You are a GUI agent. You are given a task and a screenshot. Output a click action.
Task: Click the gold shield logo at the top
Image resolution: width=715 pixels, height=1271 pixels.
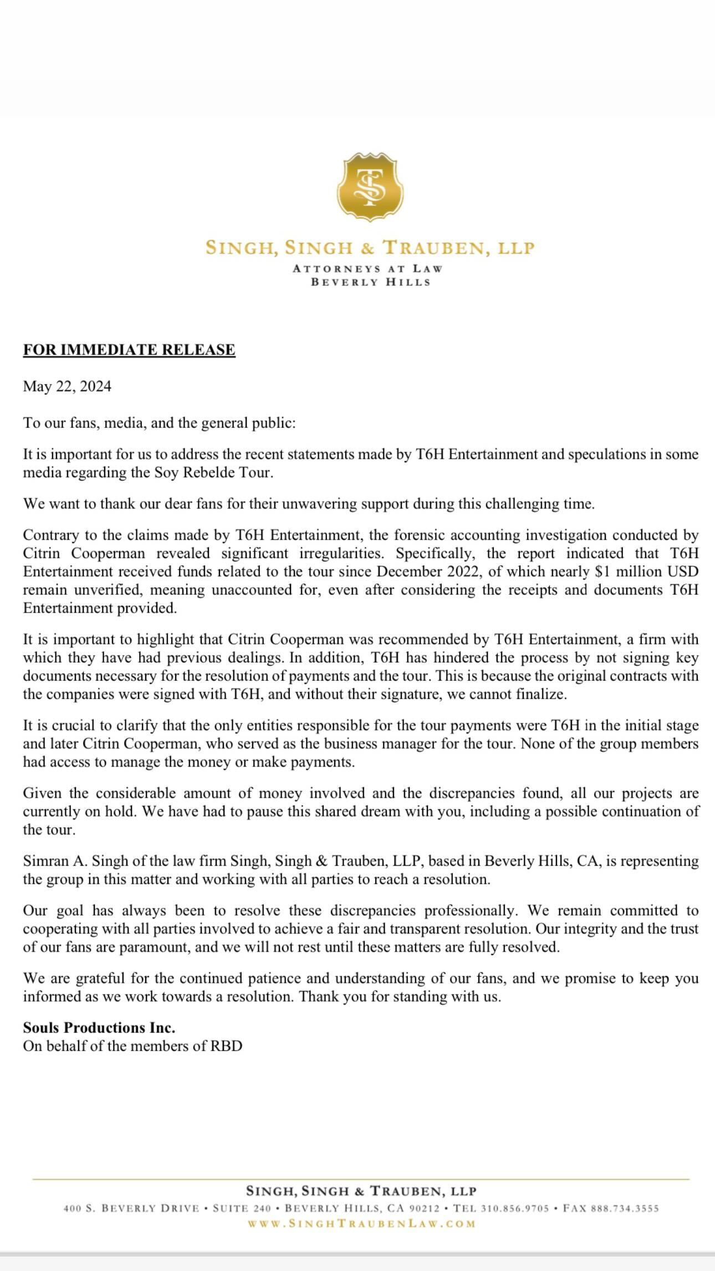click(370, 187)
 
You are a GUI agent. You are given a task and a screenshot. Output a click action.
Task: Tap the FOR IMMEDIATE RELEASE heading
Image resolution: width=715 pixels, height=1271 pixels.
click(129, 350)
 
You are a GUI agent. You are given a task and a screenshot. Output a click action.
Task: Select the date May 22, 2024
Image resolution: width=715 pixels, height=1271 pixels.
click(67, 386)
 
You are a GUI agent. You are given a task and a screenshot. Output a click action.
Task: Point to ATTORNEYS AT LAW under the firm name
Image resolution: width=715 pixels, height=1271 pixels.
click(367, 269)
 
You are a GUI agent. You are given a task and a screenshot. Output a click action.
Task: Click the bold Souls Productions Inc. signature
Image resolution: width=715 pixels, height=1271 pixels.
click(99, 1028)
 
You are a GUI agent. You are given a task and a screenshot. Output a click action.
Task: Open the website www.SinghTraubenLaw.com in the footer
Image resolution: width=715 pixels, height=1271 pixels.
click(361, 1223)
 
